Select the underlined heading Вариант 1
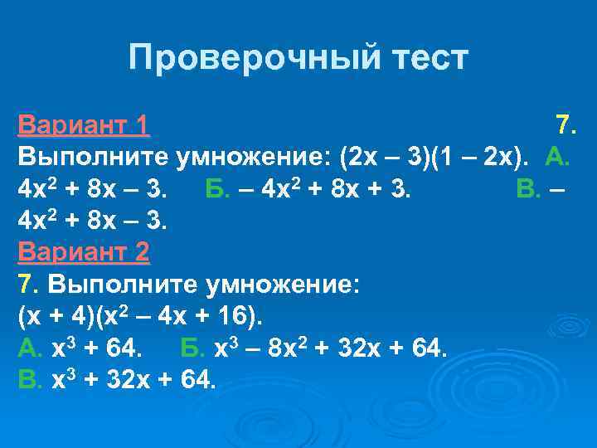83,125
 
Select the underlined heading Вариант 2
83,251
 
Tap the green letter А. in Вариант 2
31,348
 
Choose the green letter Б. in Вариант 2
193,348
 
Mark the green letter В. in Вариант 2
30,380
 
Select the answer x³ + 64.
102,348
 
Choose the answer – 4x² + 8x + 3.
332,189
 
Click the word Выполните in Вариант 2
103,284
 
